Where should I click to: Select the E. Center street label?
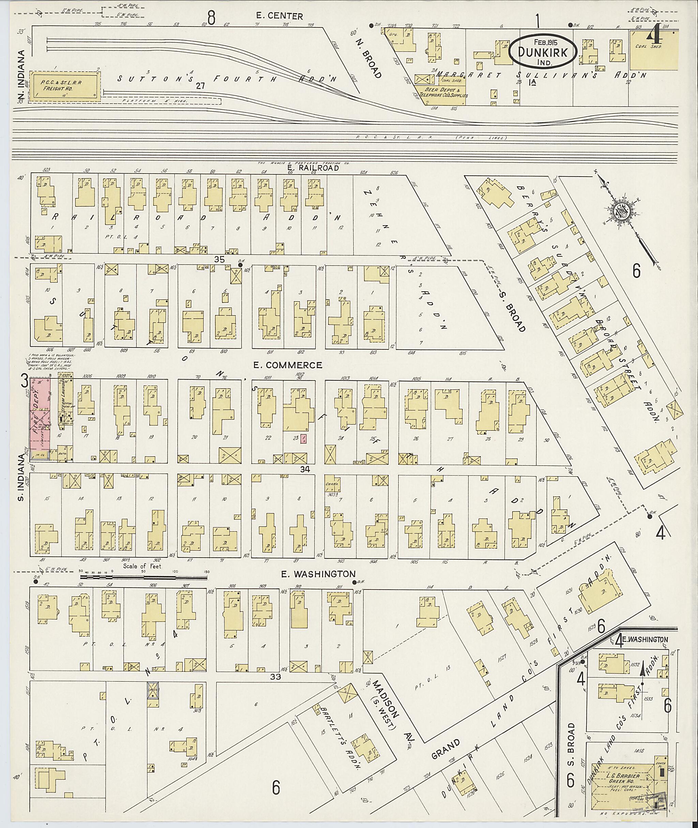click(x=279, y=16)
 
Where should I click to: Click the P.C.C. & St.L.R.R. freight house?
click(x=64, y=86)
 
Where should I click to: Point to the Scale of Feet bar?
click(x=142, y=577)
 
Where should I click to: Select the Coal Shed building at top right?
click(x=654, y=51)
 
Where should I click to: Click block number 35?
click(x=219, y=260)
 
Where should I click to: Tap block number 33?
click(x=275, y=677)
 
